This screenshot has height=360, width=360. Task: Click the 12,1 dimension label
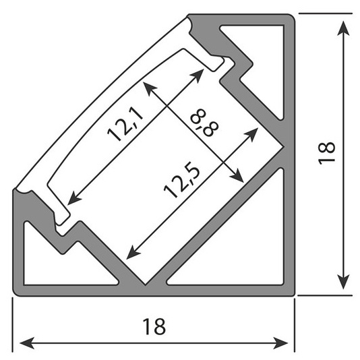point(125,124)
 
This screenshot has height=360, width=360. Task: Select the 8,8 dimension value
point(204,123)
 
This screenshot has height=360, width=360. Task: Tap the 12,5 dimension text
point(182,182)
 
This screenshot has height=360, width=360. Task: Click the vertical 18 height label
point(327,153)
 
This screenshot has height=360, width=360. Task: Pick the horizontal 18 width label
point(154,326)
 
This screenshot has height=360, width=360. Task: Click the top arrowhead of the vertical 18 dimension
point(343,28)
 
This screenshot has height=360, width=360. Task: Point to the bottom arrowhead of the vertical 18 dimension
point(343,282)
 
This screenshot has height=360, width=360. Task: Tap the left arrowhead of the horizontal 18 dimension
point(28,343)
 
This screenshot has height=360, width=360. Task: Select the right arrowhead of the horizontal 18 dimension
point(280,343)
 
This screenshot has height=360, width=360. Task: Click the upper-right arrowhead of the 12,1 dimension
point(198,75)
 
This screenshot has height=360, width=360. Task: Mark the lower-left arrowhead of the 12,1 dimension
point(74,198)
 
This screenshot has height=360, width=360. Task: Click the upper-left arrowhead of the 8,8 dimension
point(149,88)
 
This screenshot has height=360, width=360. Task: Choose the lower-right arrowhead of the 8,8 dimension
point(237,177)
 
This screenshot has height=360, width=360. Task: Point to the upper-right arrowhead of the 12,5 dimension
point(251,135)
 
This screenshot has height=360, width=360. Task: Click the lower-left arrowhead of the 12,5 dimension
point(133,253)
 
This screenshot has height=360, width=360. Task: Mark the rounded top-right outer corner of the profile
point(292,18)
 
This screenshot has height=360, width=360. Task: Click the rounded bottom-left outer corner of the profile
point(16,293)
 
